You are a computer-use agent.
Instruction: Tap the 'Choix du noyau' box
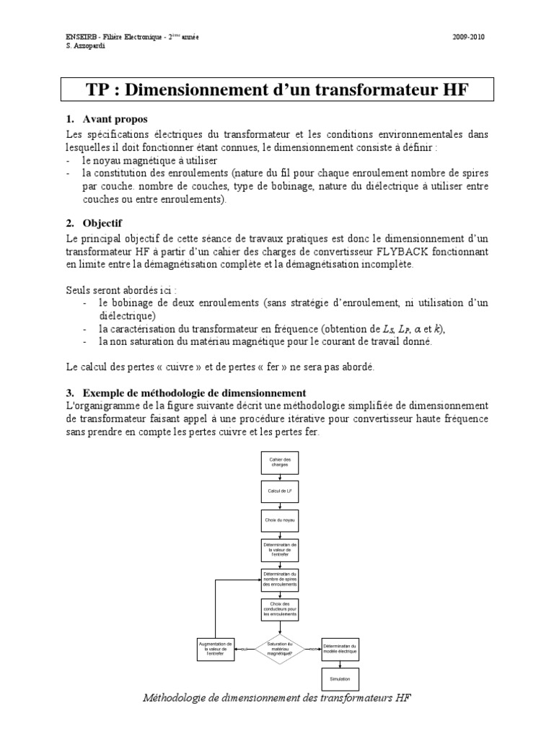(278, 520)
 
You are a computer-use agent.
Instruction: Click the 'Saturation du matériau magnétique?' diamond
(278, 647)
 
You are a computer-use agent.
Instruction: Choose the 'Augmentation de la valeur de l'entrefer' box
(216, 647)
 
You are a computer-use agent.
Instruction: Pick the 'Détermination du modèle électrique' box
(339, 647)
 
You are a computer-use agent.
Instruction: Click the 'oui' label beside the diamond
(245, 648)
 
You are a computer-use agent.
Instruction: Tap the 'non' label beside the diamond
(313, 648)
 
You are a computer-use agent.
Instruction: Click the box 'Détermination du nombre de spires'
(278, 578)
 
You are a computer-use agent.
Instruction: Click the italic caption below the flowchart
(277, 699)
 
